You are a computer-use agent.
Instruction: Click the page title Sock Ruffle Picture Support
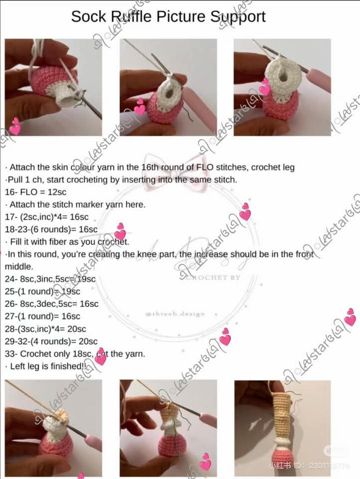coord(168,16)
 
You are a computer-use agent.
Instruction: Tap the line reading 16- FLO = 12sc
coord(36,192)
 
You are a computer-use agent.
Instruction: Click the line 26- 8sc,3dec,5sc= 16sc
coord(51,303)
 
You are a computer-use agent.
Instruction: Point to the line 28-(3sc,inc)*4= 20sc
coord(45,329)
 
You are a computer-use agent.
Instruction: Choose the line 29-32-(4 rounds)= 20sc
coord(51,341)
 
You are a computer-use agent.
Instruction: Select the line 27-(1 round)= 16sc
coord(42,316)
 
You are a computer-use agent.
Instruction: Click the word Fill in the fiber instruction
coord(15,242)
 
